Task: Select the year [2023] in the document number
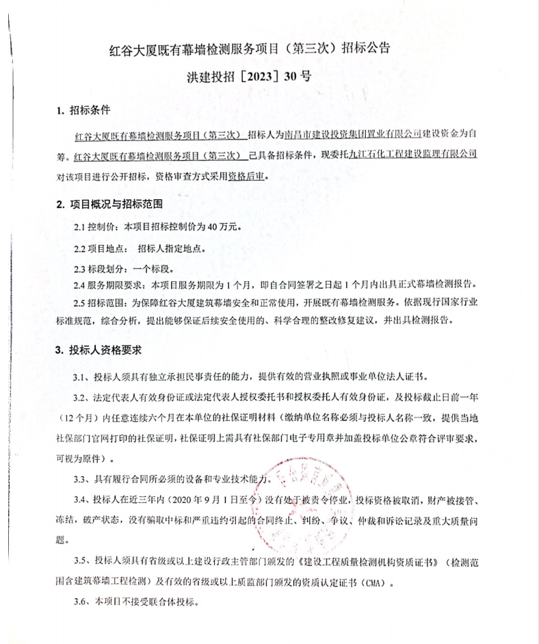point(260,77)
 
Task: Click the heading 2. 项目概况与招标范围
point(114,203)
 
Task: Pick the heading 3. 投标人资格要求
point(98,350)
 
